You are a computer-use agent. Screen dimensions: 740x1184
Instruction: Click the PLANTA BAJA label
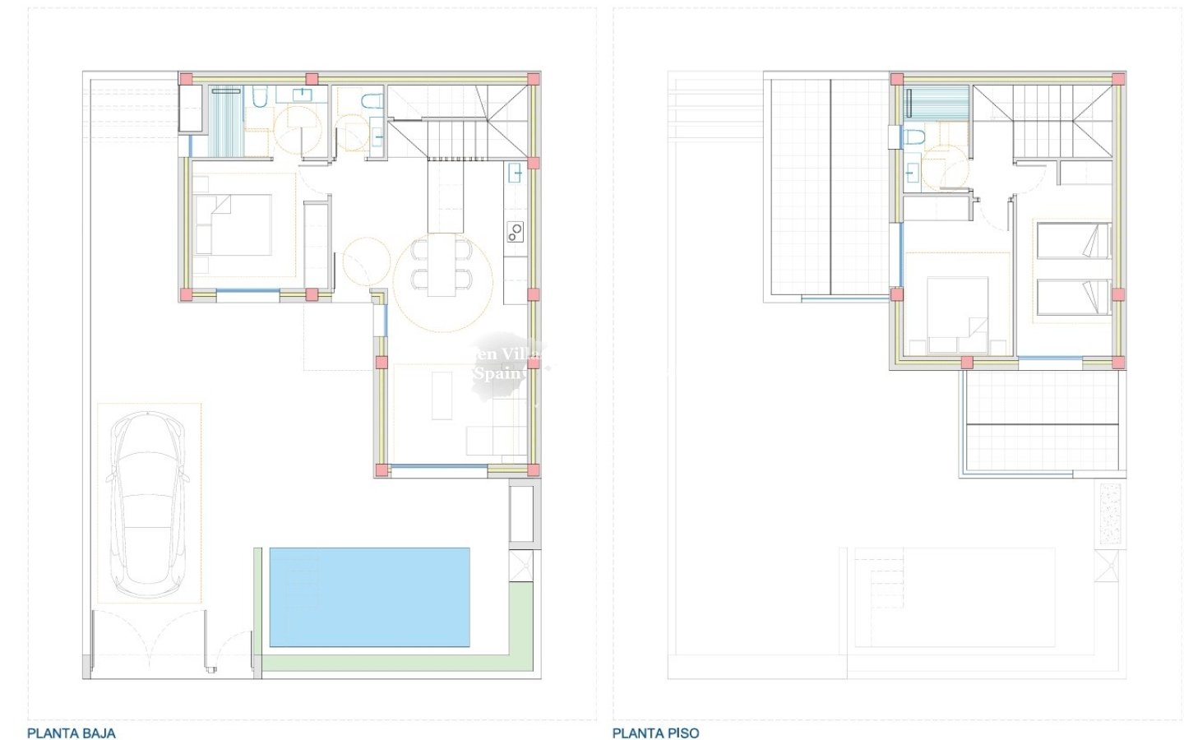[72, 733]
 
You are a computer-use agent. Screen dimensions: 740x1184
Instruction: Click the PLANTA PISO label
[655, 733]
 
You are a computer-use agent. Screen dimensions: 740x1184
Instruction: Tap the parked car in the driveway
[149, 503]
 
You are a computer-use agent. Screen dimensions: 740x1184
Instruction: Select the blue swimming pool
[369, 597]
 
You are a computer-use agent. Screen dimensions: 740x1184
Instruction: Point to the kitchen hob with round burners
[516, 233]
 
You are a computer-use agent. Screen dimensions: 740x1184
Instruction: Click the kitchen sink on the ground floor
[516, 172]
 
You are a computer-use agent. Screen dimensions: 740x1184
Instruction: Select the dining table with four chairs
[442, 265]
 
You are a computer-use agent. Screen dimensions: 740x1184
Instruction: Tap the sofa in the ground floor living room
[493, 440]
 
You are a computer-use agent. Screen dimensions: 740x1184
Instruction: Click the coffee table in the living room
[442, 395]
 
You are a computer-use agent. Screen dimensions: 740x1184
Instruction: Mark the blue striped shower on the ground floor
[226, 121]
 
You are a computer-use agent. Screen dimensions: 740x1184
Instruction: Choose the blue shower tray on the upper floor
[937, 104]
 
